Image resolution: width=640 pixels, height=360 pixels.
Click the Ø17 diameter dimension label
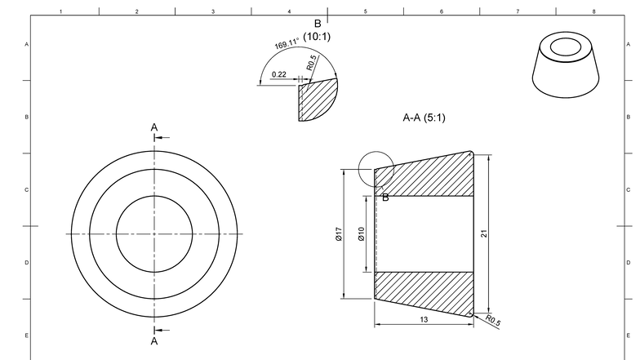tap(338, 234)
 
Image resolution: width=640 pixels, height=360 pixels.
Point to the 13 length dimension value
tap(424, 320)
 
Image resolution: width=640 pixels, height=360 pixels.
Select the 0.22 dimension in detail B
tap(278, 74)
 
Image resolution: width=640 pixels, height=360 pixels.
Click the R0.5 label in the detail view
tap(311, 62)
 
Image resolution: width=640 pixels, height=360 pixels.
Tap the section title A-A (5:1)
tap(424, 118)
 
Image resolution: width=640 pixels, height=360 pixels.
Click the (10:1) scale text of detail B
tap(317, 37)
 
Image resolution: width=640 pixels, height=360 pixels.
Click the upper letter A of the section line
tap(153, 127)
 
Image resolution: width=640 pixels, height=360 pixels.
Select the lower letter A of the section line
tap(153, 341)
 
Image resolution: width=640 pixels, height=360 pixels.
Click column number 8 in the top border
tap(593, 11)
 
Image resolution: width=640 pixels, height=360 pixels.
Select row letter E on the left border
tap(27, 336)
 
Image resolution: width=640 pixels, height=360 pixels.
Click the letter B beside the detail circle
tap(385, 197)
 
